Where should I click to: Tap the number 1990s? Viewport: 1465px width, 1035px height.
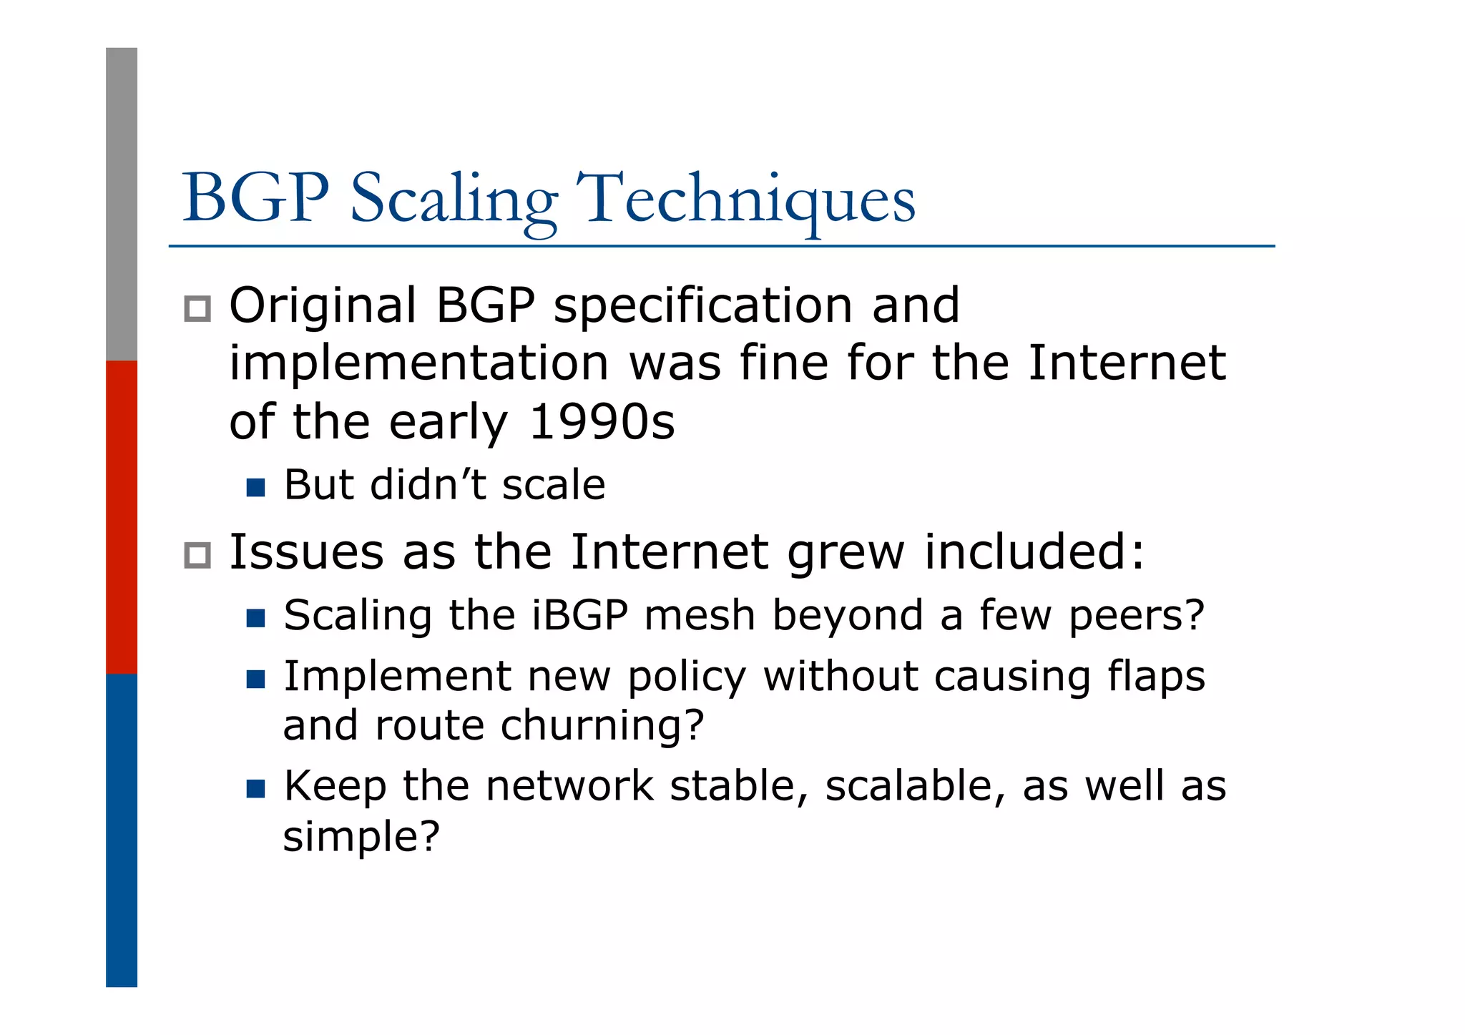tap(601, 422)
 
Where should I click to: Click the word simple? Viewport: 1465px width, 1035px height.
tap(361, 835)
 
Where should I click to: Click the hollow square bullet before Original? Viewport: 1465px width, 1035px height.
tap(197, 309)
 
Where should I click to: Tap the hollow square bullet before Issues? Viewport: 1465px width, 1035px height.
tap(197, 555)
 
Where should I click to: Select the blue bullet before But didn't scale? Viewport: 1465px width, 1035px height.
tap(255, 488)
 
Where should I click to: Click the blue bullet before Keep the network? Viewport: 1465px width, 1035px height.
tap(255, 789)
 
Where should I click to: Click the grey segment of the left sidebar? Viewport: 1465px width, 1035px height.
tap(122, 204)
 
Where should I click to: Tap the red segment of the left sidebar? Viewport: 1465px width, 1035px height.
tap(122, 516)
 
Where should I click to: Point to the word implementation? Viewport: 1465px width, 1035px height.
tap(419, 363)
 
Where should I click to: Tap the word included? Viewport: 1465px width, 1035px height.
tap(1034, 552)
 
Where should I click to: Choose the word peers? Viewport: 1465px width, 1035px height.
tap(1137, 617)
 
